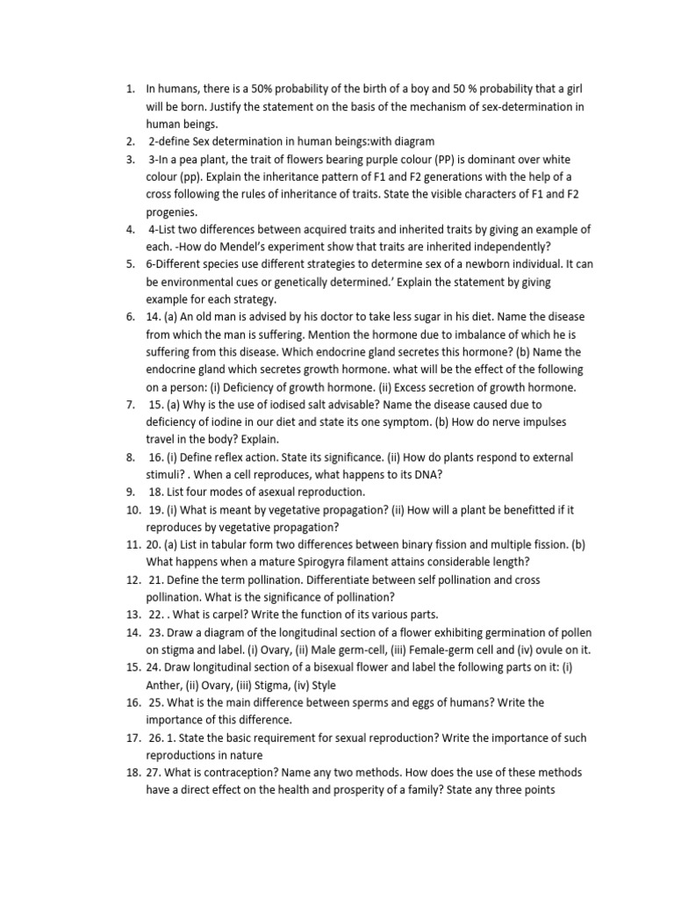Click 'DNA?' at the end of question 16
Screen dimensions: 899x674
click(427, 475)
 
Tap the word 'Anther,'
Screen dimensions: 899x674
click(167, 686)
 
